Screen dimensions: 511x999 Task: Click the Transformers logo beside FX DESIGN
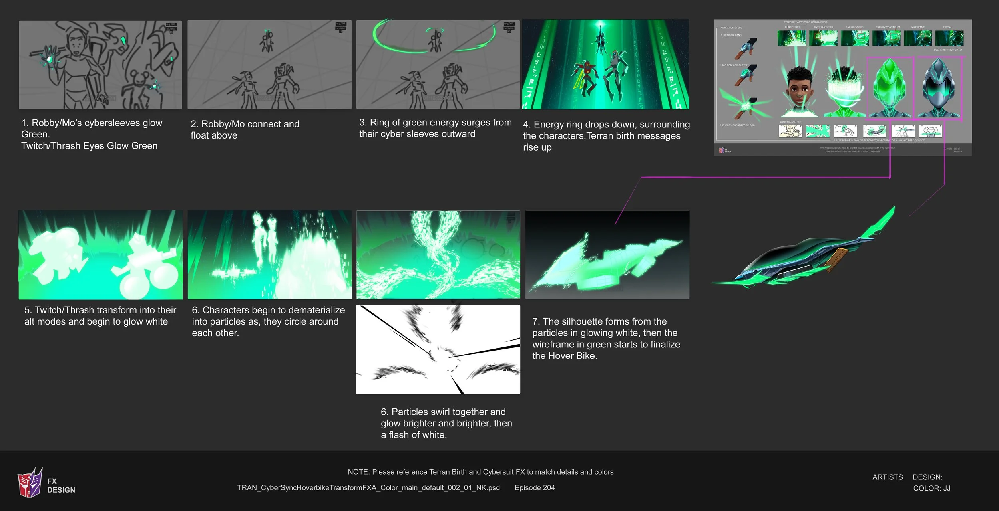click(30, 483)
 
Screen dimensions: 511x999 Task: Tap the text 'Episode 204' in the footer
click(535, 488)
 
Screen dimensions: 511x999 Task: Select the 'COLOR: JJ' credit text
click(931, 488)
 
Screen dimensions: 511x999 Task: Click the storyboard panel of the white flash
click(438, 350)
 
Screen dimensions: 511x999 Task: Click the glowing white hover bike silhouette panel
click(607, 255)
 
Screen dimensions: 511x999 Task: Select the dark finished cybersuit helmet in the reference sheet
click(938, 88)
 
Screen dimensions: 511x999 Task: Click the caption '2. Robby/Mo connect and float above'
click(245, 129)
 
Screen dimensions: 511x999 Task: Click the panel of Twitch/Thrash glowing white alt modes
click(100, 255)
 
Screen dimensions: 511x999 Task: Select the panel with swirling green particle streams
click(438, 255)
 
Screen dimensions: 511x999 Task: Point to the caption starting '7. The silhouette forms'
click(606, 338)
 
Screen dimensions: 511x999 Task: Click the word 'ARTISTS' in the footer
click(887, 477)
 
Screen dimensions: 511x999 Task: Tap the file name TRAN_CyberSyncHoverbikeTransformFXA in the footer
click(368, 488)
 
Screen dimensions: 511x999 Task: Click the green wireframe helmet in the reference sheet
click(890, 88)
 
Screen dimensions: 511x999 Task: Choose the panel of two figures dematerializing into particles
click(269, 255)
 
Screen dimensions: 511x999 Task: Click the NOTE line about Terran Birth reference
click(480, 472)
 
